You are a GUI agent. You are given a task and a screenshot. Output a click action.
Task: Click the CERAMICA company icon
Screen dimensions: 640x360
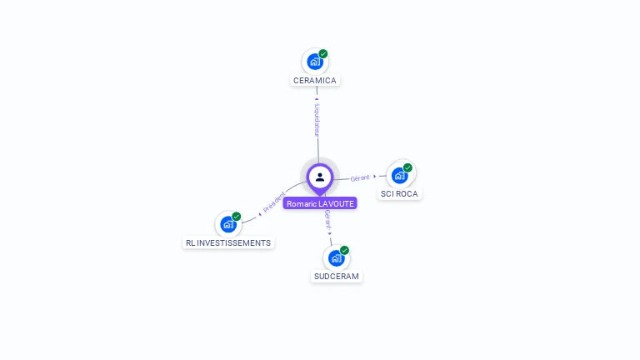pos(314,61)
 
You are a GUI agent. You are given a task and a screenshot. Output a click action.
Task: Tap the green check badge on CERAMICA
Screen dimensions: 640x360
pos(323,54)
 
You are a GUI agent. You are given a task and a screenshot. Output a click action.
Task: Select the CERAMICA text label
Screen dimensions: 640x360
pos(315,81)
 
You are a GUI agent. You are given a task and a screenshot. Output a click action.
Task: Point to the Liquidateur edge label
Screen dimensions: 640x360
pos(317,119)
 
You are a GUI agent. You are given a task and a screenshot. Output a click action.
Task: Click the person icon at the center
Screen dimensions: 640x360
pos(320,177)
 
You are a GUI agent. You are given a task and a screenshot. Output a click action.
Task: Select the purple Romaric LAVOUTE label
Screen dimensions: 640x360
pos(320,203)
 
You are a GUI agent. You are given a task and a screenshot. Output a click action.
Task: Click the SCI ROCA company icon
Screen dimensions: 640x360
pos(399,175)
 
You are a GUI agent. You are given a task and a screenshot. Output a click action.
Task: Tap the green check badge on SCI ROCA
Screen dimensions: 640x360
pos(407,167)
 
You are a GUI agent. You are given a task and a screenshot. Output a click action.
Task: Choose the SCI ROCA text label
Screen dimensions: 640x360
pos(399,194)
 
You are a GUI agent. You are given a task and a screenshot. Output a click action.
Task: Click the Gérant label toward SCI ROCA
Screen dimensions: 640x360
pos(360,177)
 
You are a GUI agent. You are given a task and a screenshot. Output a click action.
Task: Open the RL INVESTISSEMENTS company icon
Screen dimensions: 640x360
pos(227,224)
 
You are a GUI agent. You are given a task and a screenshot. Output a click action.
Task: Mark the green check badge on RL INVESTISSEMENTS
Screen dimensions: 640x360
pos(237,217)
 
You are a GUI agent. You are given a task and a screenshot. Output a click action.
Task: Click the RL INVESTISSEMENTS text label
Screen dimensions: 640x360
pos(228,242)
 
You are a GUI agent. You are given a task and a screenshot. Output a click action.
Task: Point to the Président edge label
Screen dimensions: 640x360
pos(274,202)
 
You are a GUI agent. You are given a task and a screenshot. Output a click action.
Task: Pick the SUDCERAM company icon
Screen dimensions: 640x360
pos(336,257)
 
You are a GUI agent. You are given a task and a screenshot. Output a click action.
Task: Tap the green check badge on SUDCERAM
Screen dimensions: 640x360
pos(344,250)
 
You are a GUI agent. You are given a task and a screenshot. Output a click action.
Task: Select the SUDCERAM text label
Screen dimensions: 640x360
pos(337,276)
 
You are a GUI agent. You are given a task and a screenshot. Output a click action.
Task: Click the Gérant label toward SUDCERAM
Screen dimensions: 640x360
pos(327,220)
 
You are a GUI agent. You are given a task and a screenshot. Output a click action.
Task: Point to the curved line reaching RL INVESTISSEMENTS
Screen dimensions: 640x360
pos(250,217)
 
